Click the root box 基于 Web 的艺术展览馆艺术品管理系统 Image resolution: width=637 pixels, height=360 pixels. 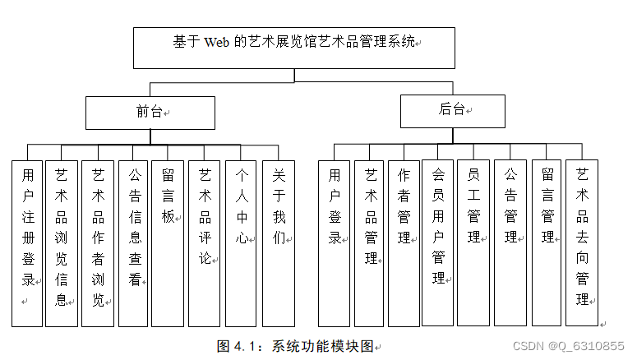coord(293,48)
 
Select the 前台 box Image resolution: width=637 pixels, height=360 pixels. coord(150,113)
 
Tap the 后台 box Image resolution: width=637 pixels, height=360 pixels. coord(452,111)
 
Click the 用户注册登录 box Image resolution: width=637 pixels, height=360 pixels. coord(27,242)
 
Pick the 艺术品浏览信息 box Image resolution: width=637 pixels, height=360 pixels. coord(62,242)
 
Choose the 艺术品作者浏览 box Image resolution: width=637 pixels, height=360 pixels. coord(98,242)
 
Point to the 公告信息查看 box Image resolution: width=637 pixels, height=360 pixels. coord(134,242)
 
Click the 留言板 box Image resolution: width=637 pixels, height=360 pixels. coord(168,242)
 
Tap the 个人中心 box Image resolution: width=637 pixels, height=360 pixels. coord(241,242)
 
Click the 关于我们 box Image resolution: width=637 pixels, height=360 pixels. coord(278,242)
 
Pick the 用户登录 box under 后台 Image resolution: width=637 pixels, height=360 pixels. coord(334,242)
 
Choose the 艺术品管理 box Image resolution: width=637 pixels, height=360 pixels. coord(370,242)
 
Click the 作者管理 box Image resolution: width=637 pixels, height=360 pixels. coord(404,242)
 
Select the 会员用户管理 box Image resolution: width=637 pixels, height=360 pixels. coord(437,242)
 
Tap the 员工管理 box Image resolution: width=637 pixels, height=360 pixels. coord(473,242)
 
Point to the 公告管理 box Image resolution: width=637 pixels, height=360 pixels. coord(510,242)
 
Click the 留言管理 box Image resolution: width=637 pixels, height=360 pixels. coord(546,242)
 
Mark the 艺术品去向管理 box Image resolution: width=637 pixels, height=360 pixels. coord(582,242)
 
